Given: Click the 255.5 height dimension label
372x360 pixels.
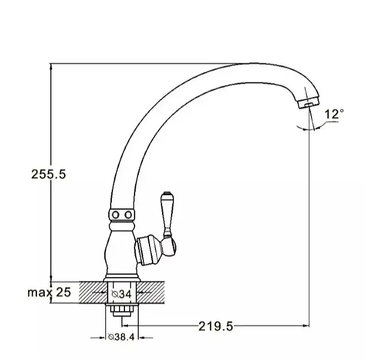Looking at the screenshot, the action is coord(48,174).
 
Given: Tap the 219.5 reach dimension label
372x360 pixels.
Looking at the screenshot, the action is coord(216,327).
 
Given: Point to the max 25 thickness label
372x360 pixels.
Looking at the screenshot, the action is coord(49,292).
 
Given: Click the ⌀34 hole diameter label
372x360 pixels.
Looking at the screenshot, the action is coord(121,294).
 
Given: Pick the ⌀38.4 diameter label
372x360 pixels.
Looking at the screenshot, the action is coord(121,337).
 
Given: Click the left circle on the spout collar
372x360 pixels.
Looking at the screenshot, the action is coord(115,215).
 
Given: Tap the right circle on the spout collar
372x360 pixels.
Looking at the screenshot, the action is coord(129,215).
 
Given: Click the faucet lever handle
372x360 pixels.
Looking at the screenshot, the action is coord(167,214).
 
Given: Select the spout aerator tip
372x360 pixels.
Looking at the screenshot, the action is coord(309,103).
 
